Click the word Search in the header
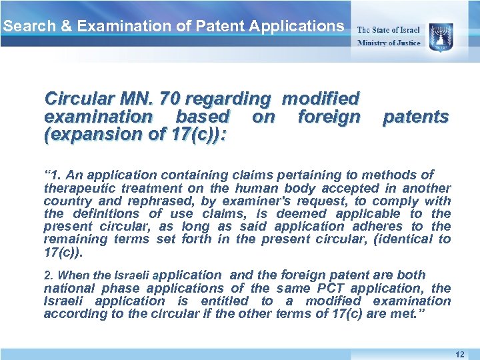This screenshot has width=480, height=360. pyautogui.click(x=23, y=27)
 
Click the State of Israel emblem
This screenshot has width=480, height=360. pyautogui.click(x=441, y=35)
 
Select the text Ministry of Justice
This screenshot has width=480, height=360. pyautogui.click(x=389, y=43)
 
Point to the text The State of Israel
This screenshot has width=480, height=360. pyautogui.click(x=389, y=29)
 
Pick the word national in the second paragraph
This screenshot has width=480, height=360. pyautogui.click(x=69, y=288)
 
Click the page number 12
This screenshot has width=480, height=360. pyautogui.click(x=459, y=354)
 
